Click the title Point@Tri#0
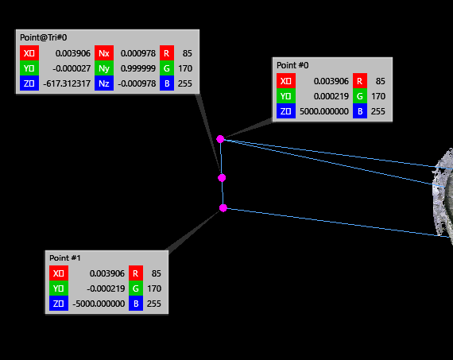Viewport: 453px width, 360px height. [44, 37]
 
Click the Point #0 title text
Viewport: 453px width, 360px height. [292, 65]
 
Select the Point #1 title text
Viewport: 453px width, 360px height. [64, 257]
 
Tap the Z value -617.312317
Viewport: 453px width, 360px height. [67, 83]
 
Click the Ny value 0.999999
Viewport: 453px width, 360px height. [138, 68]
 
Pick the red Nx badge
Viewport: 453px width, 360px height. [104, 53]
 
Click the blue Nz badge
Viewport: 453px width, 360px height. [104, 83]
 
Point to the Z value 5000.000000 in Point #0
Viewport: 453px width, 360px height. [324, 111]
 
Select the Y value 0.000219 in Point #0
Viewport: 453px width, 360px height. [331, 96]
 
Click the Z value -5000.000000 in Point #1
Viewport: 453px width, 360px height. [99, 304]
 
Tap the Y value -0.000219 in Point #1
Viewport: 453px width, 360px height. [106, 288]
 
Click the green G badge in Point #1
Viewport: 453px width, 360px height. [136, 288]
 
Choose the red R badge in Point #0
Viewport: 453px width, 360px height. [360, 81]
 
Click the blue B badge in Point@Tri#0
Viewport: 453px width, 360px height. [167, 83]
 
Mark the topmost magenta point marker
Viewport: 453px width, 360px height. [220, 139]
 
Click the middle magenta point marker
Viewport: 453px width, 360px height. [222, 178]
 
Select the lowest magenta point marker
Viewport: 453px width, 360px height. [223, 207]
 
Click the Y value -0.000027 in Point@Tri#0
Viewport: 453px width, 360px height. [72, 68]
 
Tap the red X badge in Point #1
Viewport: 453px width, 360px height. [59, 273]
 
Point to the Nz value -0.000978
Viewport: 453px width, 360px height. [137, 83]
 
